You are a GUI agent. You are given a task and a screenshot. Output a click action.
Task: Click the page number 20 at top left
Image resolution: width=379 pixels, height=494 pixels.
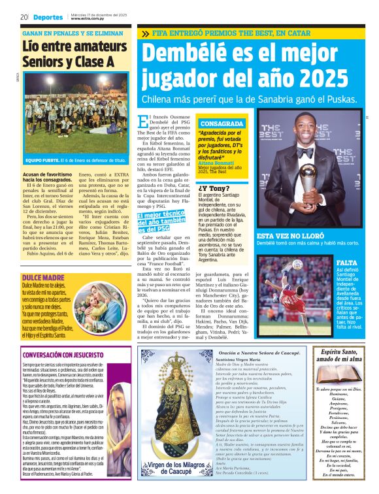coord(24,17)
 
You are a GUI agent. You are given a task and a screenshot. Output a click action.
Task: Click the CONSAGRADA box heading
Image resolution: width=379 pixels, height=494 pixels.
coord(222,124)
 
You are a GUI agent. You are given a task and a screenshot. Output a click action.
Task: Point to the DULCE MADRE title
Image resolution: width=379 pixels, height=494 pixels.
coord(38,260)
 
